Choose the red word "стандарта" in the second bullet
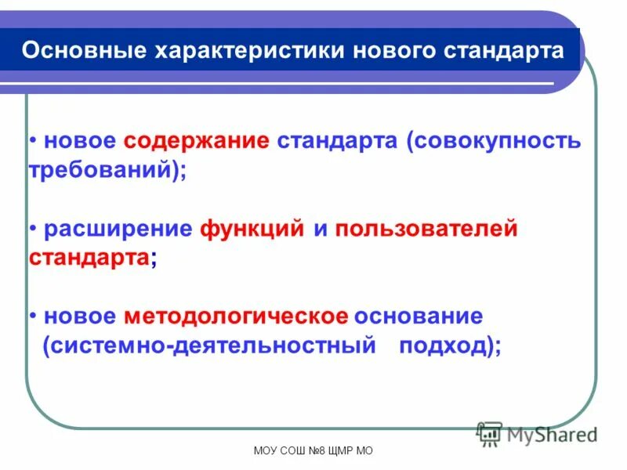(x=89, y=258)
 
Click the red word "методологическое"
(x=235, y=316)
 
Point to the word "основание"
(x=419, y=316)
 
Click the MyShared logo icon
(x=489, y=433)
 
